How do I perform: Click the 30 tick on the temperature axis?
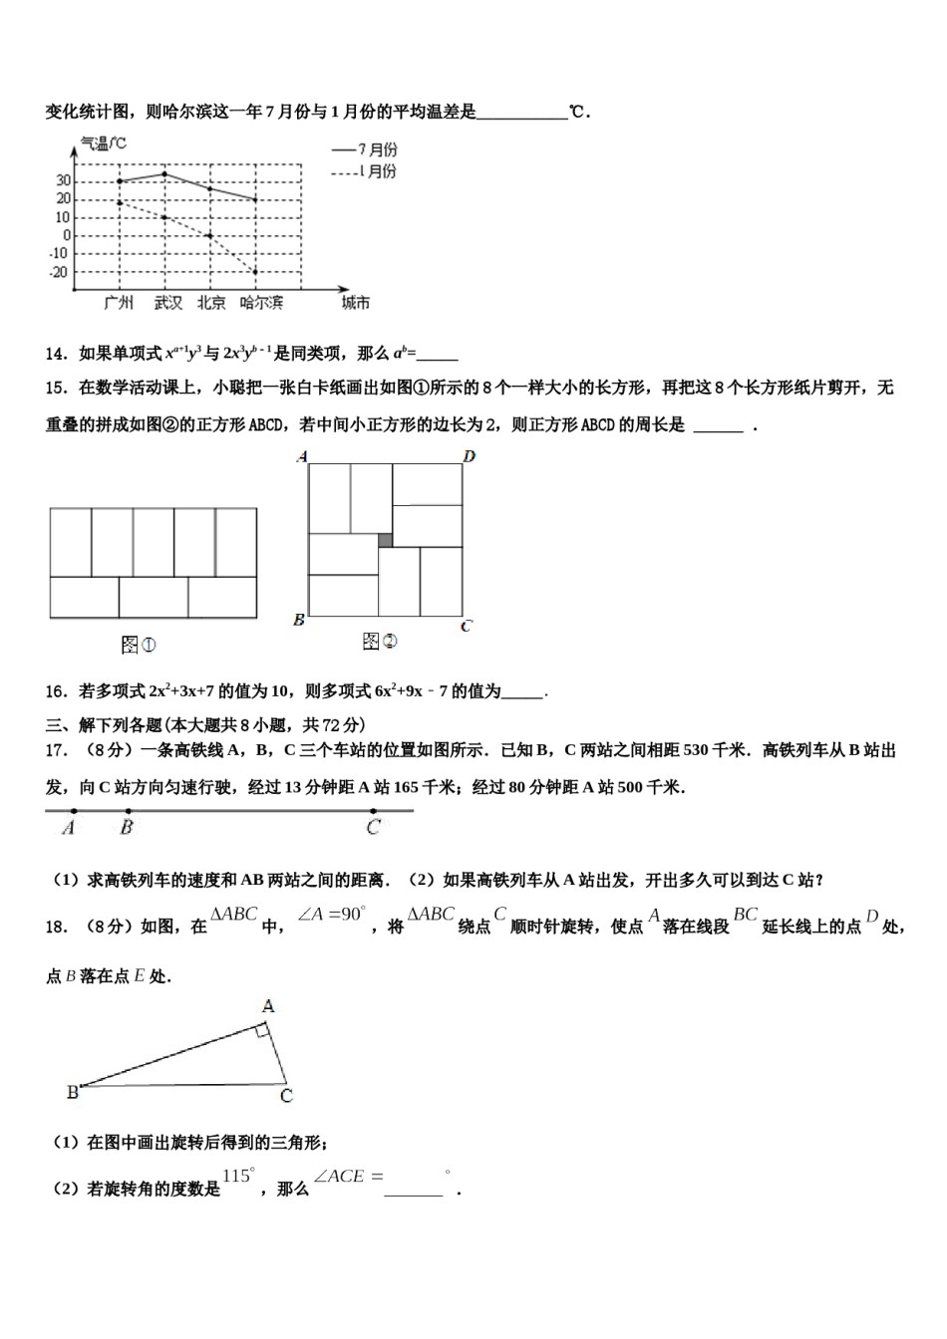click(x=63, y=180)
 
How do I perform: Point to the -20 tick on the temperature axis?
click(x=59, y=272)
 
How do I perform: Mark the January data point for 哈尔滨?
click(x=255, y=271)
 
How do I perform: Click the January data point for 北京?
click(x=209, y=235)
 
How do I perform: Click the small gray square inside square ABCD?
click(x=385, y=540)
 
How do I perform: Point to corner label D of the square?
click(x=469, y=456)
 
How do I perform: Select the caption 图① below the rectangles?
click(x=139, y=646)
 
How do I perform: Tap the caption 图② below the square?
click(x=380, y=642)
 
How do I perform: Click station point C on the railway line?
click(x=373, y=811)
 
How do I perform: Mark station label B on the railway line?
click(x=127, y=827)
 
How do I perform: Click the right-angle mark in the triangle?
click(x=261, y=1031)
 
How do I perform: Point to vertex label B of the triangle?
click(x=72, y=1093)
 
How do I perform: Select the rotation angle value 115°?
click(x=238, y=1176)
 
